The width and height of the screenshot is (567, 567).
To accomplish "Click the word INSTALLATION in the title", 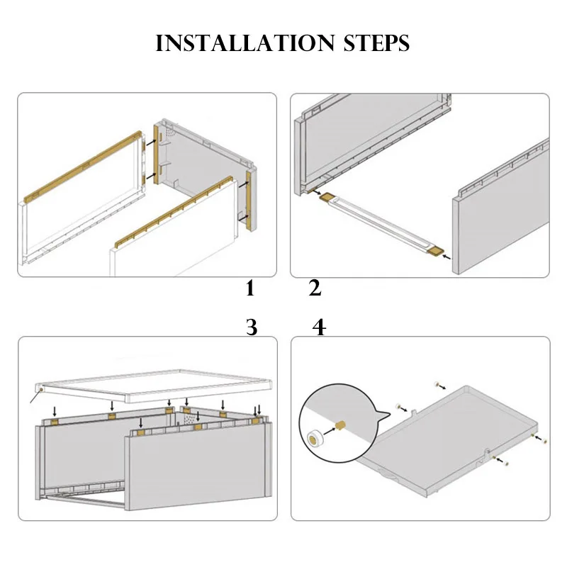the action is [x=245, y=43].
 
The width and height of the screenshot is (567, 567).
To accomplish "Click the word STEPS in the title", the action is [x=376, y=43].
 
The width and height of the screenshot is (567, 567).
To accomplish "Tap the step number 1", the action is [x=250, y=288].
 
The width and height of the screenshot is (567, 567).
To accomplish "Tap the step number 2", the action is [x=315, y=288].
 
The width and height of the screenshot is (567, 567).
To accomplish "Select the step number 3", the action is [x=252, y=327].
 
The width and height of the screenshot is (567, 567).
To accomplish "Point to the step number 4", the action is [x=319, y=327].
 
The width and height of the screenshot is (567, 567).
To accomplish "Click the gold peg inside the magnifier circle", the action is [x=341, y=426].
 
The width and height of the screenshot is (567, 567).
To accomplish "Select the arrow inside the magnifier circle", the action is [x=329, y=431].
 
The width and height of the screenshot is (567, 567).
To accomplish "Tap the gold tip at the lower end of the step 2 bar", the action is [x=435, y=252].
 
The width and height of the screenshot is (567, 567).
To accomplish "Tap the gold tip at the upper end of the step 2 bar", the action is [x=328, y=197].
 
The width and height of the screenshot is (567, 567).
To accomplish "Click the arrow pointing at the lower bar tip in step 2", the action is [x=447, y=257].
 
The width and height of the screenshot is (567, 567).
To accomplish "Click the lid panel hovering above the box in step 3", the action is [x=154, y=386].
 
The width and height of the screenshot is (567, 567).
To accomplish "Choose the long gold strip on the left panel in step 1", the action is [x=82, y=167].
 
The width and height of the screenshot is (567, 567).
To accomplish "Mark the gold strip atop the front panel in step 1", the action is [x=174, y=212].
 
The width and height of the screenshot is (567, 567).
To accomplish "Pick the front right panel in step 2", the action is [x=501, y=206].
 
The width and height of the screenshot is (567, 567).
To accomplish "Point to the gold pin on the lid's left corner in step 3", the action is [x=41, y=389].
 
